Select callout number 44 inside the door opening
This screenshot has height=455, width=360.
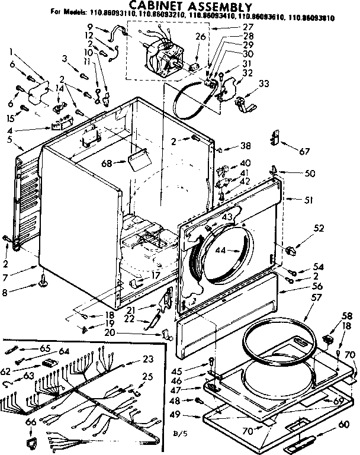pyautogui.click(x=221, y=251)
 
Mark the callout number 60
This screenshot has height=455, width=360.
pyautogui.click(x=343, y=424)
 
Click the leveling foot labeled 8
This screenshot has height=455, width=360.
pyautogui.click(x=44, y=287)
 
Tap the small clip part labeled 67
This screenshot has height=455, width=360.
pyautogui.click(x=274, y=139)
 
